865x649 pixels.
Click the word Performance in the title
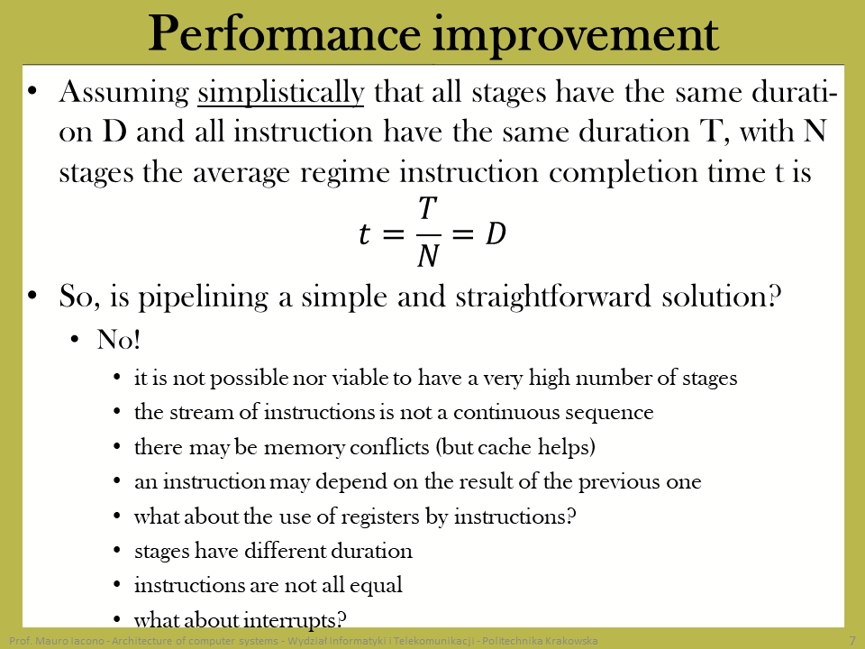[284, 34]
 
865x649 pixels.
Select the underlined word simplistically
[281, 93]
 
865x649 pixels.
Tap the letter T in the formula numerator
[428, 209]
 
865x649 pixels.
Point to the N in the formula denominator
[428, 256]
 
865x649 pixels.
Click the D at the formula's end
[496, 233]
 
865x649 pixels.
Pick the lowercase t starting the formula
[364, 234]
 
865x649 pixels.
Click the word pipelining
[203, 297]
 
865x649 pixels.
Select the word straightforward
[553, 297]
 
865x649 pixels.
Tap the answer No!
[119, 340]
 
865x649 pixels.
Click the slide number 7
[851, 641]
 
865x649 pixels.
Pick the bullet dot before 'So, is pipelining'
[32, 296]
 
